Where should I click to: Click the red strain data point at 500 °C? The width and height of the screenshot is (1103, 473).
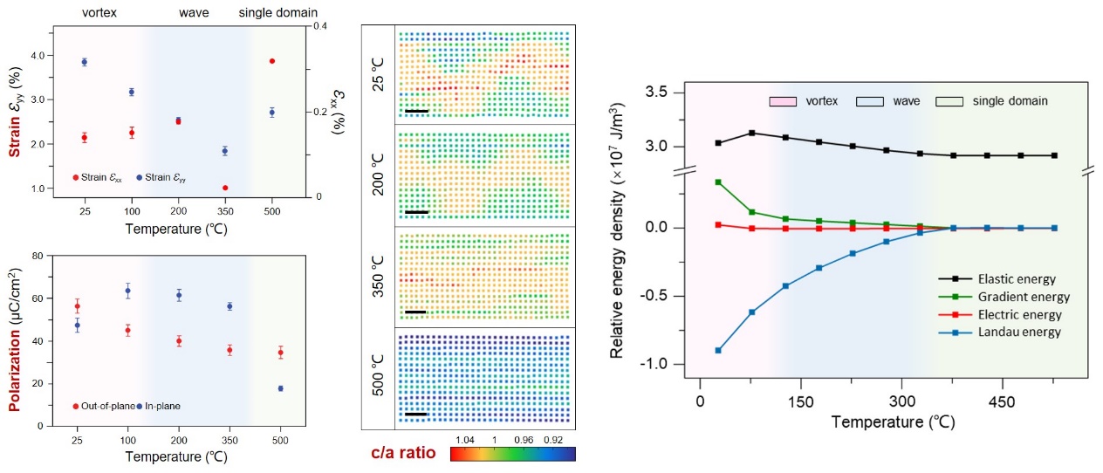click(x=271, y=61)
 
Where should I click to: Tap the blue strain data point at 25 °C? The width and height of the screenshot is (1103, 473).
click(x=85, y=62)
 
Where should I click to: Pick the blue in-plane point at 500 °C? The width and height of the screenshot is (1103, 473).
click(x=281, y=388)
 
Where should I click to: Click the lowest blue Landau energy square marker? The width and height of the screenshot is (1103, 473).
click(x=718, y=350)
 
